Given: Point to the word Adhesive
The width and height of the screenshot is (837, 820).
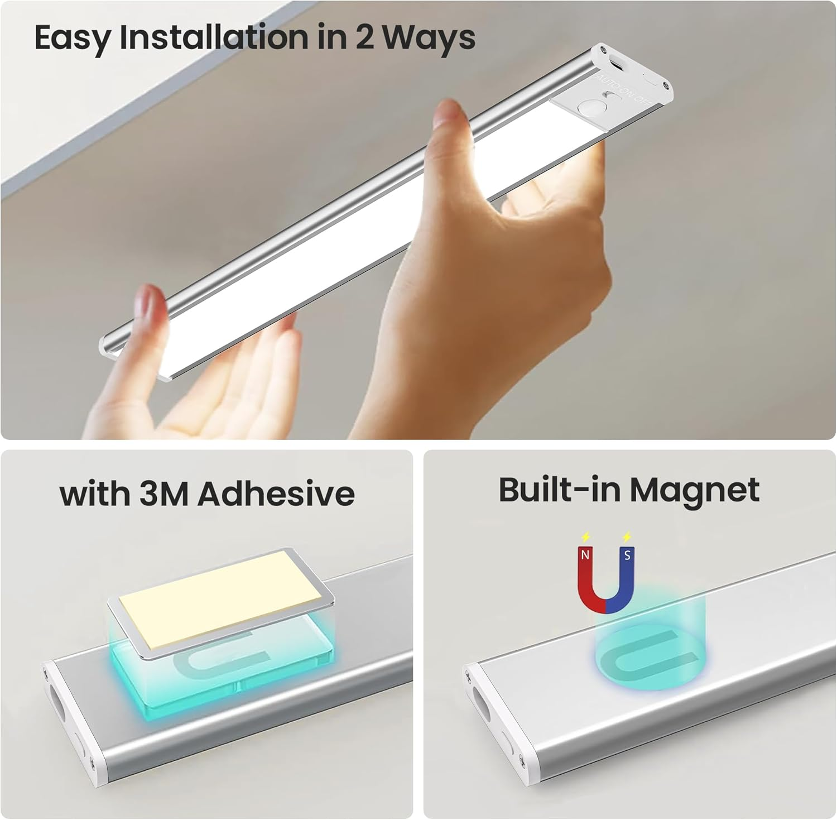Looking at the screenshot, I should [276, 494].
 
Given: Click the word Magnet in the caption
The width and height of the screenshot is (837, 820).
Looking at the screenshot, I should [694, 490].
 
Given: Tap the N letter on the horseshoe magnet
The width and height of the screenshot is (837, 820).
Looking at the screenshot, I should [585, 555].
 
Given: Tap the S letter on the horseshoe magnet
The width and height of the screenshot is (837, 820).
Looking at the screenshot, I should [627, 555].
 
